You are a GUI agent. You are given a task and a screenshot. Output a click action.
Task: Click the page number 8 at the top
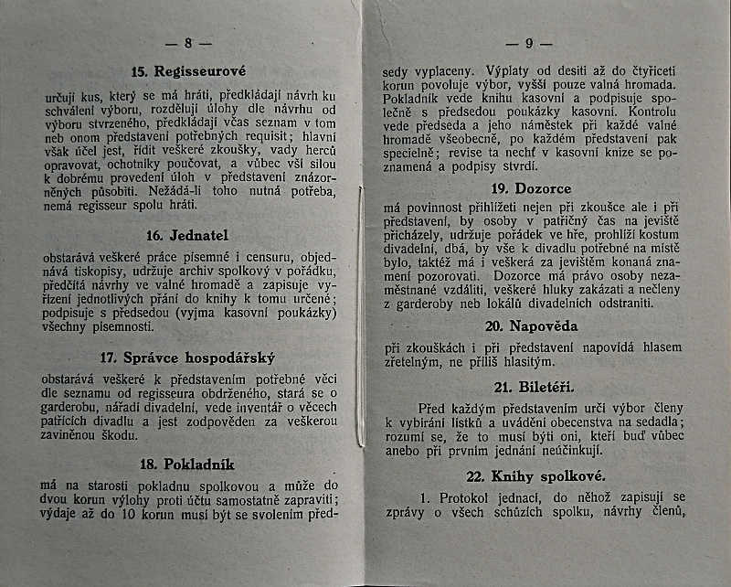coord(188,42)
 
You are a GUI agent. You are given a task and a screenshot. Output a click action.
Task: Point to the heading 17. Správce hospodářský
coord(189,358)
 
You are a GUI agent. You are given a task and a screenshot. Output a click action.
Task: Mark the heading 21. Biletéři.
coord(535,386)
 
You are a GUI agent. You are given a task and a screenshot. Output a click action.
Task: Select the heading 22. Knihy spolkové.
coord(535,477)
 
